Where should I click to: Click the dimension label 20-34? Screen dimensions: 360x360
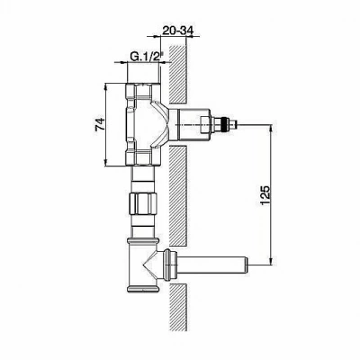point(178,30)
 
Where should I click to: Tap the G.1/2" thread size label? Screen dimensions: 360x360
point(146,56)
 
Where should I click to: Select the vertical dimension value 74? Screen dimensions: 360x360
point(100,124)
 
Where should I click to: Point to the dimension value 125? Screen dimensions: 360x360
point(265,195)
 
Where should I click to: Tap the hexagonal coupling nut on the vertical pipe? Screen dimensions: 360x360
point(143,204)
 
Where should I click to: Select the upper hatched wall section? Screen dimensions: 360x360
point(178,74)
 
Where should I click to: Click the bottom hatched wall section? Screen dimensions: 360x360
point(178,308)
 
